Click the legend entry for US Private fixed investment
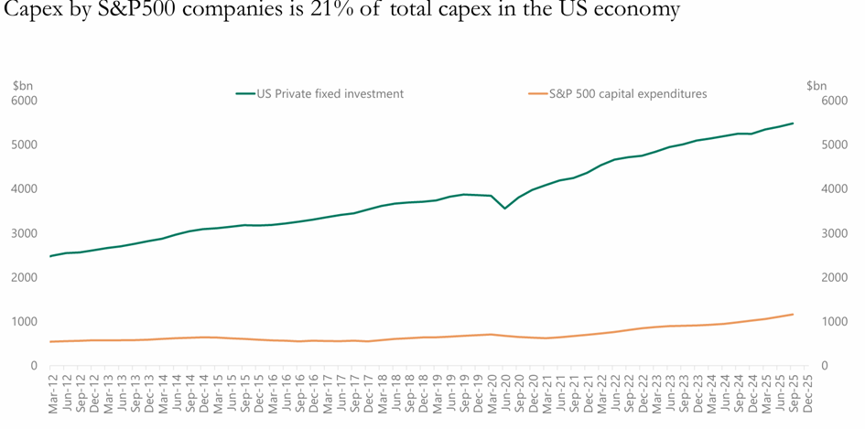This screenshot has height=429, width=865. (330, 93)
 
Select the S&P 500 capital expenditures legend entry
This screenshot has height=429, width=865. (628, 93)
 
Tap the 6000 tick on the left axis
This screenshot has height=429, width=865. (25, 101)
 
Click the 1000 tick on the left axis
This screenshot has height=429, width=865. (25, 322)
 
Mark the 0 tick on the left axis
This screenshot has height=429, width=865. (32, 366)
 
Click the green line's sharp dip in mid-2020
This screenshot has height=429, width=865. (504, 208)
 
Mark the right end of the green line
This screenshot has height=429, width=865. (793, 123)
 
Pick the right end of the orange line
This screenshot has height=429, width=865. (793, 315)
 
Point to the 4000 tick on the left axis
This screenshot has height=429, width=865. (25, 189)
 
